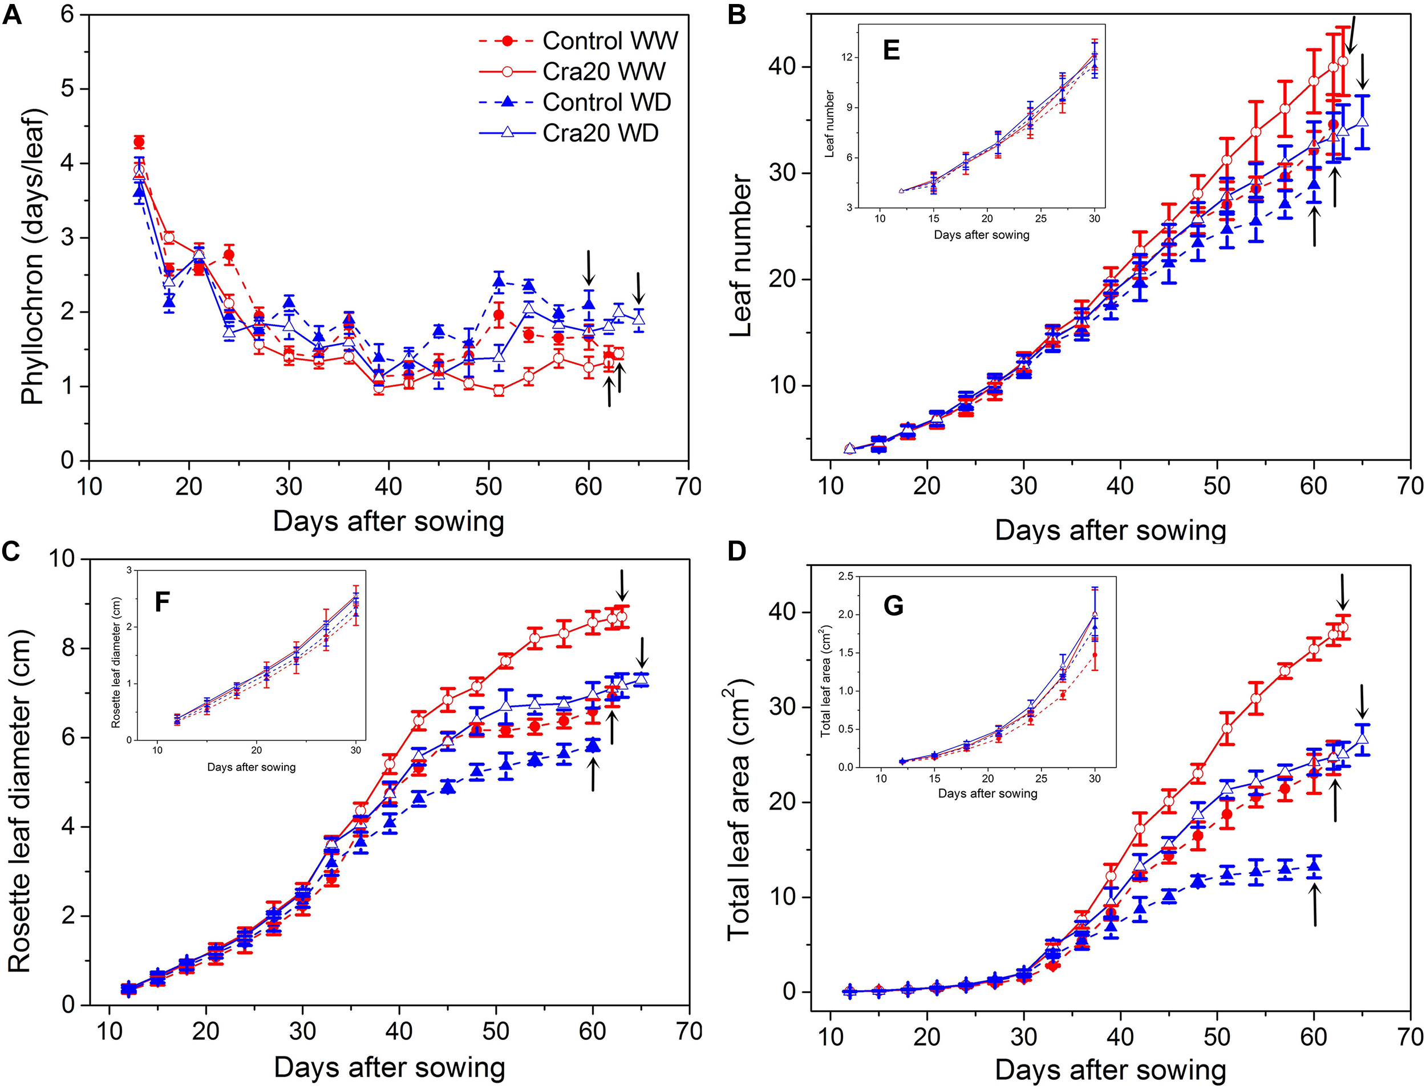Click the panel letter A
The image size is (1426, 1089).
(x=13, y=14)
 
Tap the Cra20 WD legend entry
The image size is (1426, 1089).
(x=600, y=133)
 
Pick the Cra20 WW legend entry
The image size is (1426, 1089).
(x=603, y=71)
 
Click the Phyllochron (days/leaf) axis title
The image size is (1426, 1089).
(x=33, y=257)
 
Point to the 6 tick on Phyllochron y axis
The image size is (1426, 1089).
(x=67, y=14)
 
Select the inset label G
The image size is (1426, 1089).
(x=893, y=606)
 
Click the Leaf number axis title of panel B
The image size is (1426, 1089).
(x=741, y=256)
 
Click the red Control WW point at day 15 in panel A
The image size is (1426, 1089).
(x=139, y=142)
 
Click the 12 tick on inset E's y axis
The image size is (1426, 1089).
(x=846, y=58)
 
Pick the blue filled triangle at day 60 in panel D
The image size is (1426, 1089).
(x=1314, y=865)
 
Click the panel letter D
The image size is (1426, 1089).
(x=737, y=552)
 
